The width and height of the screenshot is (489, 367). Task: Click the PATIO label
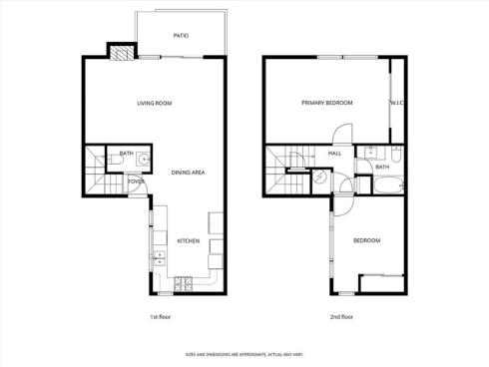coord(181,35)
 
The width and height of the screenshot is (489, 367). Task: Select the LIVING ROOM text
coord(155,104)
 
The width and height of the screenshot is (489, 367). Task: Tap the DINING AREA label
coord(188,173)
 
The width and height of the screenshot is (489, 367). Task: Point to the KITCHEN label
coord(189,241)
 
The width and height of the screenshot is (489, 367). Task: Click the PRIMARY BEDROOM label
coord(328,103)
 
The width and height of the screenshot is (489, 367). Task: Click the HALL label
coord(335,154)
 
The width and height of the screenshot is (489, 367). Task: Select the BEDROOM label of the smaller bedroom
coord(366,240)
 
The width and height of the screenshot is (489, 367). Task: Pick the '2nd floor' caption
coord(341,317)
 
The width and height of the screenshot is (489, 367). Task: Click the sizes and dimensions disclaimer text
coord(244,353)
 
